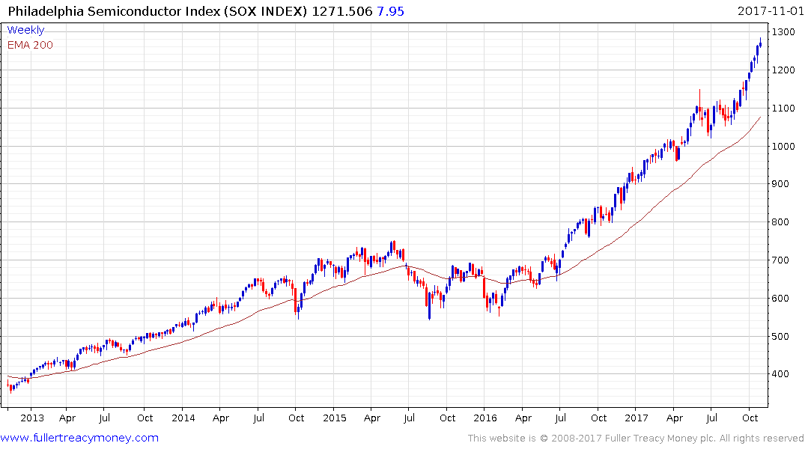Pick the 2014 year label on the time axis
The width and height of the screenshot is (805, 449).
tap(183, 418)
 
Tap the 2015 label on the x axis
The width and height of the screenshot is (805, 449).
tap(334, 418)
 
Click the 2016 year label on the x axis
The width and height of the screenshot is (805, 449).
tap(485, 418)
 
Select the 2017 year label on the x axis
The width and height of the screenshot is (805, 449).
tap(637, 418)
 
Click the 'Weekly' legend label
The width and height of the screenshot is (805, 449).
tap(25, 30)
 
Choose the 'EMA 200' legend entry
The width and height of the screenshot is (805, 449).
tap(30, 45)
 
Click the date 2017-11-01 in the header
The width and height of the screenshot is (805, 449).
tap(769, 11)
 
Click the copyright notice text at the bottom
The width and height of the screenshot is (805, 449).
tap(636, 439)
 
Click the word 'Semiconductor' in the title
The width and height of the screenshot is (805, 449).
tap(130, 11)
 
